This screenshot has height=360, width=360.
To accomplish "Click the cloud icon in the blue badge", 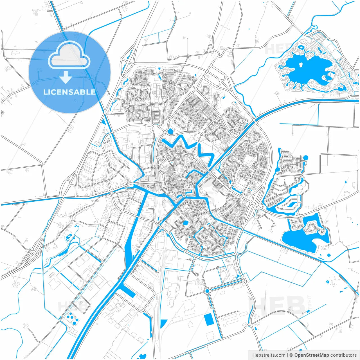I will pyautogui.click(x=69, y=55).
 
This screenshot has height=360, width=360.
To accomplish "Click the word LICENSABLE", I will pyautogui.click(x=69, y=92).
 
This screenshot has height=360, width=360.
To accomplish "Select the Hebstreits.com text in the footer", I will pyautogui.click(x=269, y=355).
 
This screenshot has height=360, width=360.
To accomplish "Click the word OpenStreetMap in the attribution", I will pyautogui.click(x=312, y=355).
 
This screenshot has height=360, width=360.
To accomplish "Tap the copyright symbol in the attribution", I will pyautogui.click(x=291, y=355).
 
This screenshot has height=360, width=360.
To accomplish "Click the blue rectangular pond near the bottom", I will pyautogui.click(x=209, y=319).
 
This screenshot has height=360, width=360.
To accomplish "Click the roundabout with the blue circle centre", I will pyautogui.click(x=207, y=291).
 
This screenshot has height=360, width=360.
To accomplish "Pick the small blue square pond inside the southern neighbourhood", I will pyautogui.click(x=185, y=223).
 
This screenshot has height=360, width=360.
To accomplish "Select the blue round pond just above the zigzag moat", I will pyautogui.click(x=170, y=131).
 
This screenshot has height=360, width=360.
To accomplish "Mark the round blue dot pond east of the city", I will pyautogui.click(x=306, y=157).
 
